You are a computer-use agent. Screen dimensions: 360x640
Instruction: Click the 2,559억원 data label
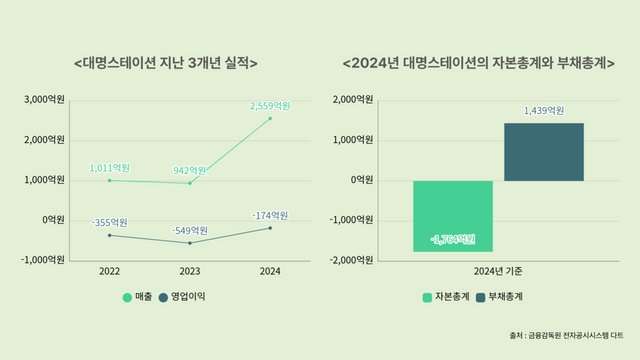pos(269,105)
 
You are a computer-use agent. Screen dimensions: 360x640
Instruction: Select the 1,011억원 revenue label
pos(109,168)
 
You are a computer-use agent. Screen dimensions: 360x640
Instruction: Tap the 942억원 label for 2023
pos(188,170)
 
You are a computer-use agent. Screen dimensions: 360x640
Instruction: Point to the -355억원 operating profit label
pos(109,222)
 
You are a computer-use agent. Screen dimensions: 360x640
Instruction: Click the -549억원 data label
pos(188,230)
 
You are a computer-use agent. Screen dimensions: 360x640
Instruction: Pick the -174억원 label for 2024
pos(268,215)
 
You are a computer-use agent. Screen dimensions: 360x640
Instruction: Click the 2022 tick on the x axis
pos(110,271)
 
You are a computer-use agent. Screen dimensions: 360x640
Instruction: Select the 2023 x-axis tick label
pos(189,271)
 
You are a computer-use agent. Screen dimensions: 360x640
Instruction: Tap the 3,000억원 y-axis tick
pos(45,99)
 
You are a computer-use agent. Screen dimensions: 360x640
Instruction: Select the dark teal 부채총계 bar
pos(543,152)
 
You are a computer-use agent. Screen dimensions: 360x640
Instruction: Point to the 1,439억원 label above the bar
pos(543,111)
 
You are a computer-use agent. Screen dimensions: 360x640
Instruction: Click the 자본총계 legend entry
pos(446,296)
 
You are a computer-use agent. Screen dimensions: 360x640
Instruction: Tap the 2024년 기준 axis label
pos(498,271)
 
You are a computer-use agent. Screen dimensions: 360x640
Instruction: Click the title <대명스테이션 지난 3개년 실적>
pos(166,62)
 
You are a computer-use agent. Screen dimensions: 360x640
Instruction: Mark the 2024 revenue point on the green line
pos(269,118)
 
